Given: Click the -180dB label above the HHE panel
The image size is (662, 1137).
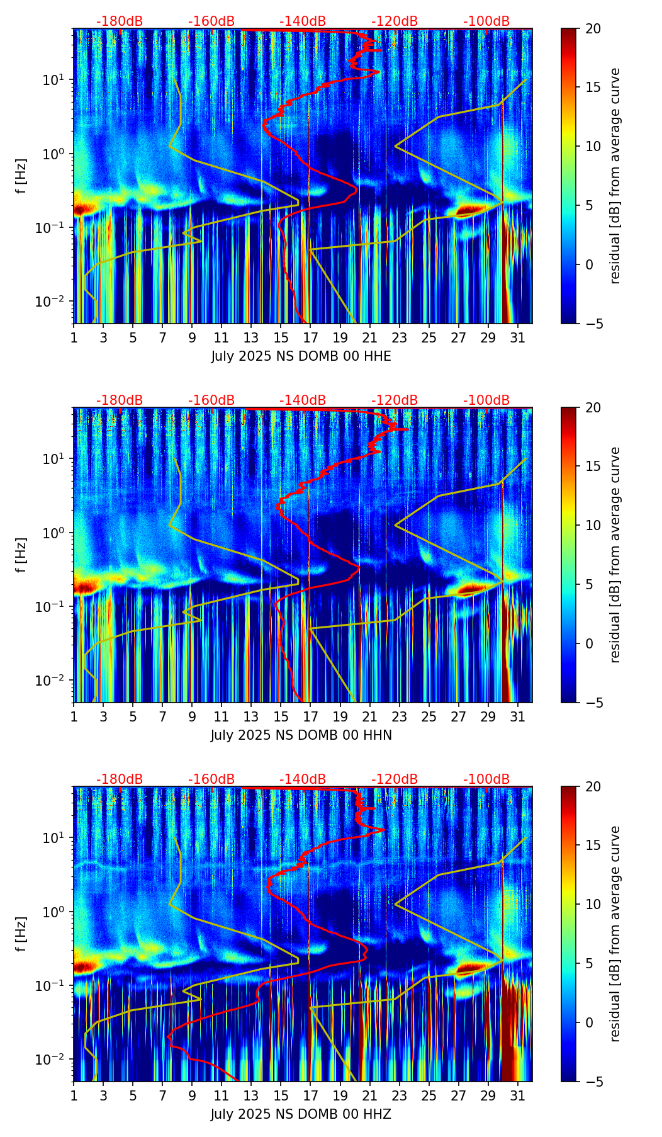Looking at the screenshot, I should click(120, 21).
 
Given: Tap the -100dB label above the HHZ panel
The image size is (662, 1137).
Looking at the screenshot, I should click(486, 779).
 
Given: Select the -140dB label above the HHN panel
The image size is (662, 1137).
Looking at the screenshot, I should click(303, 400).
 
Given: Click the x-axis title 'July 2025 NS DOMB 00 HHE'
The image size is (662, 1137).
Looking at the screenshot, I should click(301, 356).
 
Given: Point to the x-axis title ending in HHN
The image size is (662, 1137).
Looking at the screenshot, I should click(301, 735).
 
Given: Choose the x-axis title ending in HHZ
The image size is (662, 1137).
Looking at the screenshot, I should click(301, 1114).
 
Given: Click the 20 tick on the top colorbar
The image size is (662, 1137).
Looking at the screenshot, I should click(595, 29).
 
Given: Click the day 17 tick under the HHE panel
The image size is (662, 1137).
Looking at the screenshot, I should click(310, 337).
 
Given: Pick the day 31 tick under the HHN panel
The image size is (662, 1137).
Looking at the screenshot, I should click(517, 716).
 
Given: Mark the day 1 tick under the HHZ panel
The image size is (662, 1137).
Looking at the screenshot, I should click(74, 1095).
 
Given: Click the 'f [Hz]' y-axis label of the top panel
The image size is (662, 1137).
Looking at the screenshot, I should click(22, 176).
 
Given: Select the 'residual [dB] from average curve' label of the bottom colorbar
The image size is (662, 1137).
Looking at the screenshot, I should click(615, 934).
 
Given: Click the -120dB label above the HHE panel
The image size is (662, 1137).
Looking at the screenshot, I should click(395, 21).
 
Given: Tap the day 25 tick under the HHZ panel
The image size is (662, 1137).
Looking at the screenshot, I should click(429, 1095).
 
